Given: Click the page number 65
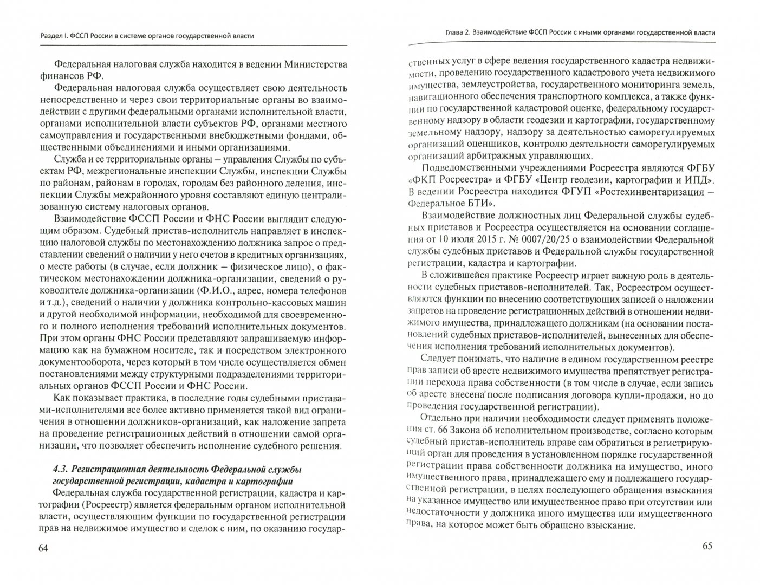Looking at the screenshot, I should coord(708,545).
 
